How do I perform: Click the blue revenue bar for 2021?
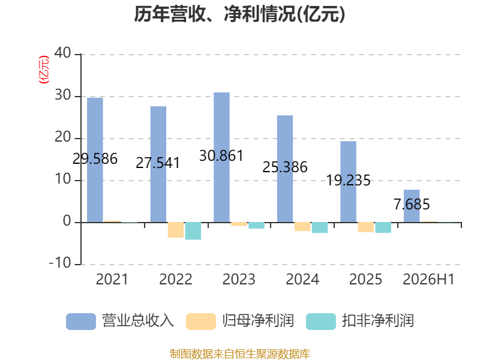pos(95,160)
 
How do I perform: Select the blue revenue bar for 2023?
pos(221,157)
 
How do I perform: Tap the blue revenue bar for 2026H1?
pos(412,206)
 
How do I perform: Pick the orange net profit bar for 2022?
pos(176,230)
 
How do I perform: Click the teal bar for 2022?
pos(193,231)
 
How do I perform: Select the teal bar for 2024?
pos(320,227)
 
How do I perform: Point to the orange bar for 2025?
pos(366,227)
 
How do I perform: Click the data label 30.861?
pos(221,156)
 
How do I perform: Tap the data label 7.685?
pos(412,204)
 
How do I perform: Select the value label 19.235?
pos(349,181)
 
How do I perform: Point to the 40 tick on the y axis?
pos(63,53)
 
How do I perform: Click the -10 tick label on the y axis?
pos(60,263)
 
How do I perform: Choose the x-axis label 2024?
pos(302,279)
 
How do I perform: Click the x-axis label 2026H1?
pos(428,279)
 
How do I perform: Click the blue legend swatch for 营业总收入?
pos(81,322)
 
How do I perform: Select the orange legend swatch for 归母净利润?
pos(201,322)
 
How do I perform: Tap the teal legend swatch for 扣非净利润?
pos(321,322)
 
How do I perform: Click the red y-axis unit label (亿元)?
pos(44,70)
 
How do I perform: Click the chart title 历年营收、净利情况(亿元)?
pos(239,14)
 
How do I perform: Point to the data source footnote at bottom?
pos(240,354)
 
